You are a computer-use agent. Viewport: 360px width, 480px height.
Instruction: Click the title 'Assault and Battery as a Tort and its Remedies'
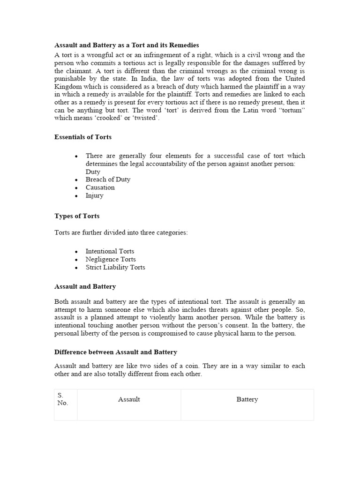coord(127,45)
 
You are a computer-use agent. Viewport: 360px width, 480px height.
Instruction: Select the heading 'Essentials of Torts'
coord(83,137)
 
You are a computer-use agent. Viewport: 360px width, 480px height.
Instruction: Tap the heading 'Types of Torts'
coord(77,216)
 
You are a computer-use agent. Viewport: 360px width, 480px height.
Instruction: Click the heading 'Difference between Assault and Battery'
coord(116,352)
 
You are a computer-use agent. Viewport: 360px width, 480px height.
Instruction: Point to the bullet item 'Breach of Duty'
coord(108,180)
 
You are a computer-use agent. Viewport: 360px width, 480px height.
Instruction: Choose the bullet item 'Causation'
coord(100,187)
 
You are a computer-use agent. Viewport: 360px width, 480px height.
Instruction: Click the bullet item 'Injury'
coord(94,195)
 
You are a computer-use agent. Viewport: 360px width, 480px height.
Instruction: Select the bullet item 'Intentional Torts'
coord(110,251)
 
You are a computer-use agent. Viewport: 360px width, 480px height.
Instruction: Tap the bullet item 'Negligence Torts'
coord(111,259)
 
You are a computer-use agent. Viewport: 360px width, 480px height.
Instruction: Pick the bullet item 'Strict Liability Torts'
coord(115,267)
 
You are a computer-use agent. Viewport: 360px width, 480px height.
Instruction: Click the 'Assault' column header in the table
coord(129,399)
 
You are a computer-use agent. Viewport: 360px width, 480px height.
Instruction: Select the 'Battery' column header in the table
coord(247,399)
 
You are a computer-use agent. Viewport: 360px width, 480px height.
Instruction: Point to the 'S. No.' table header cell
coord(62,399)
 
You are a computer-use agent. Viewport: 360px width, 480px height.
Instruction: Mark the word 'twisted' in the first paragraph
coord(145,118)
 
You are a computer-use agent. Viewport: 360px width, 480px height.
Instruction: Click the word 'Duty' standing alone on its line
coord(93,172)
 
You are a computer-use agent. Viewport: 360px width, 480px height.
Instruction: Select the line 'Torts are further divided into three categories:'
coord(121,232)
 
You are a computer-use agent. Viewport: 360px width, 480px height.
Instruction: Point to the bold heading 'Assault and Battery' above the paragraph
coord(85,286)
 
